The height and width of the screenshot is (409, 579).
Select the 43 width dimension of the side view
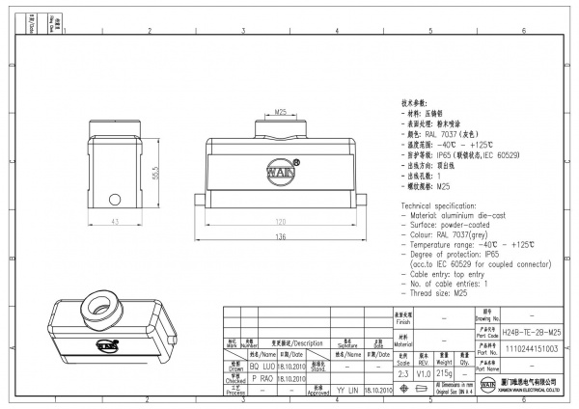click(x=114, y=223)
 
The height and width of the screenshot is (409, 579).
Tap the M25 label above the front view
click(x=282, y=113)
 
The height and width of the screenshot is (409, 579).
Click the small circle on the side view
click(x=114, y=201)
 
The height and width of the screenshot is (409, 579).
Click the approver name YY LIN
click(x=345, y=391)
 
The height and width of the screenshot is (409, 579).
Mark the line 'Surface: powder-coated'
click(x=447, y=227)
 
